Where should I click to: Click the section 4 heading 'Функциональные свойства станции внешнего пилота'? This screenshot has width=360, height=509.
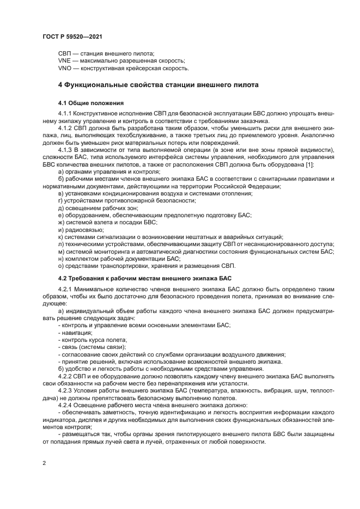coord(158,85)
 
